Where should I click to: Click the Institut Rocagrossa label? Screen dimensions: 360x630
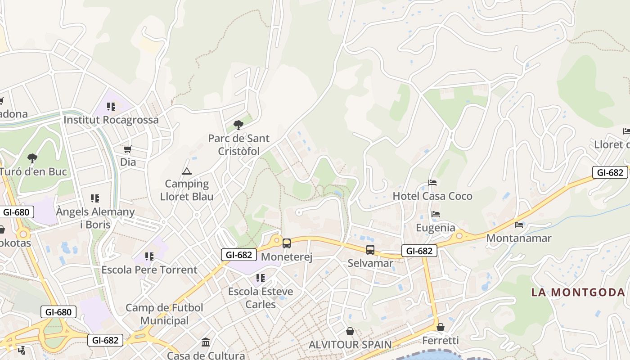point(111,120)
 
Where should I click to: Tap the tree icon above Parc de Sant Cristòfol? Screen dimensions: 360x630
point(238,125)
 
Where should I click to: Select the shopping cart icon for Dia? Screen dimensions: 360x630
point(128,149)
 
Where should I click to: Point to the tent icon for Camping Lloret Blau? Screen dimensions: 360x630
point(187,171)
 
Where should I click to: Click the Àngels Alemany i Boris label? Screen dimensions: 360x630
point(95,218)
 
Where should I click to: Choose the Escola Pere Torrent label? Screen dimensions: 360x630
point(149,270)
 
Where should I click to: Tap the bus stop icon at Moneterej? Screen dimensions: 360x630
point(287,243)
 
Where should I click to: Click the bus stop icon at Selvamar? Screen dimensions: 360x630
point(370,250)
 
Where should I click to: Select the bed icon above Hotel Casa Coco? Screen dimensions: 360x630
point(432,183)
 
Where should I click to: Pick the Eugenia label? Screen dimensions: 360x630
point(435,228)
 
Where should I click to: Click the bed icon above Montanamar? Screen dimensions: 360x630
point(519,225)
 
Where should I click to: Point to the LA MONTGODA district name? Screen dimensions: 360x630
point(578,292)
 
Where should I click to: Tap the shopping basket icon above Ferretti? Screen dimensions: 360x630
point(441,327)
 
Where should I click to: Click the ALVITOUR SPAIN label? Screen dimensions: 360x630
point(350,345)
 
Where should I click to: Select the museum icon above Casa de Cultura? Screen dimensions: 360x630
point(206,342)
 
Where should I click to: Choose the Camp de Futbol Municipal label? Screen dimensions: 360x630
point(164,314)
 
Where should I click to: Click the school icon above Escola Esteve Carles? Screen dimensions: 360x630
point(261,278)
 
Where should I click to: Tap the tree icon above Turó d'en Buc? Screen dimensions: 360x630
point(32,158)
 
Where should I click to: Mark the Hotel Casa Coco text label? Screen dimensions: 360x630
point(432,196)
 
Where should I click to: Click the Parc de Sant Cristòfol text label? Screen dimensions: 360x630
point(239,145)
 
